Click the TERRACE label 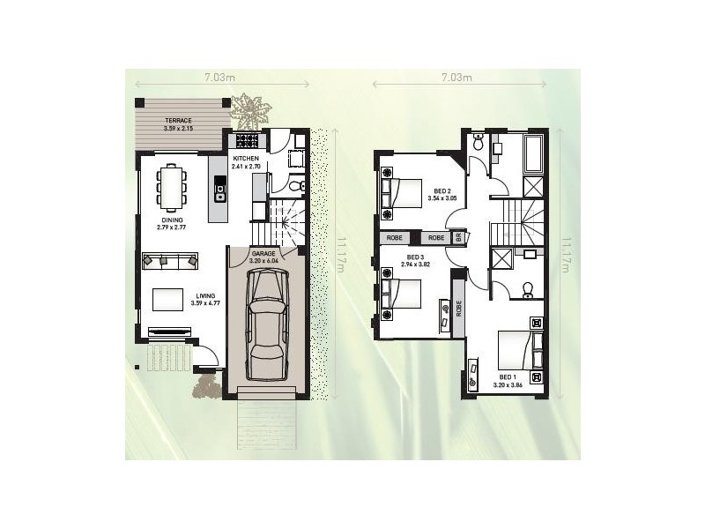coord(178,121)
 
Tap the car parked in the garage coord(267,324)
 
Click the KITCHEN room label coord(246,159)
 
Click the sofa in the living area coord(170,260)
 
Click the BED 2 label coord(442,190)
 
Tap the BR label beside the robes coord(458,238)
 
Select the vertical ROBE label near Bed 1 coord(459,309)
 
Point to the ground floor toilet coord(298,185)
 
